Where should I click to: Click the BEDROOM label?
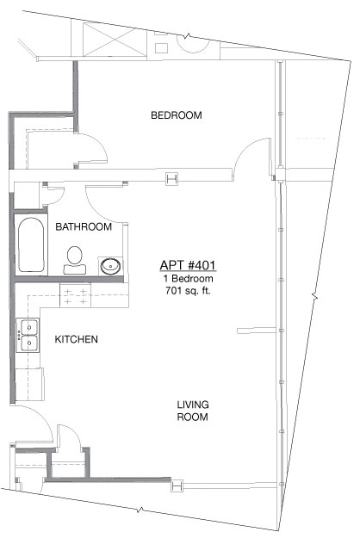(177, 115)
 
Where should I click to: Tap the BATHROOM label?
(84, 226)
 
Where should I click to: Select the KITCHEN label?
(76, 339)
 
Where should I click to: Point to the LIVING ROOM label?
(193, 411)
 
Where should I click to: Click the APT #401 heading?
(188, 265)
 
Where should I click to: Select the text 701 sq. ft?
(188, 291)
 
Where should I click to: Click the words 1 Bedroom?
(188, 278)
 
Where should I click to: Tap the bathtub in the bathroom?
(31, 244)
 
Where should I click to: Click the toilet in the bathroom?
(74, 261)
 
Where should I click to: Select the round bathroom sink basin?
(110, 266)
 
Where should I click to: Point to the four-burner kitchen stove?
(76, 295)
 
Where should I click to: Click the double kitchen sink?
(28, 335)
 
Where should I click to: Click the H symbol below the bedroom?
(172, 178)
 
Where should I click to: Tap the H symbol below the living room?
(177, 485)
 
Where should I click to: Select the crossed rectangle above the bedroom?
(115, 39)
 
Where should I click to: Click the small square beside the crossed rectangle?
(161, 48)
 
